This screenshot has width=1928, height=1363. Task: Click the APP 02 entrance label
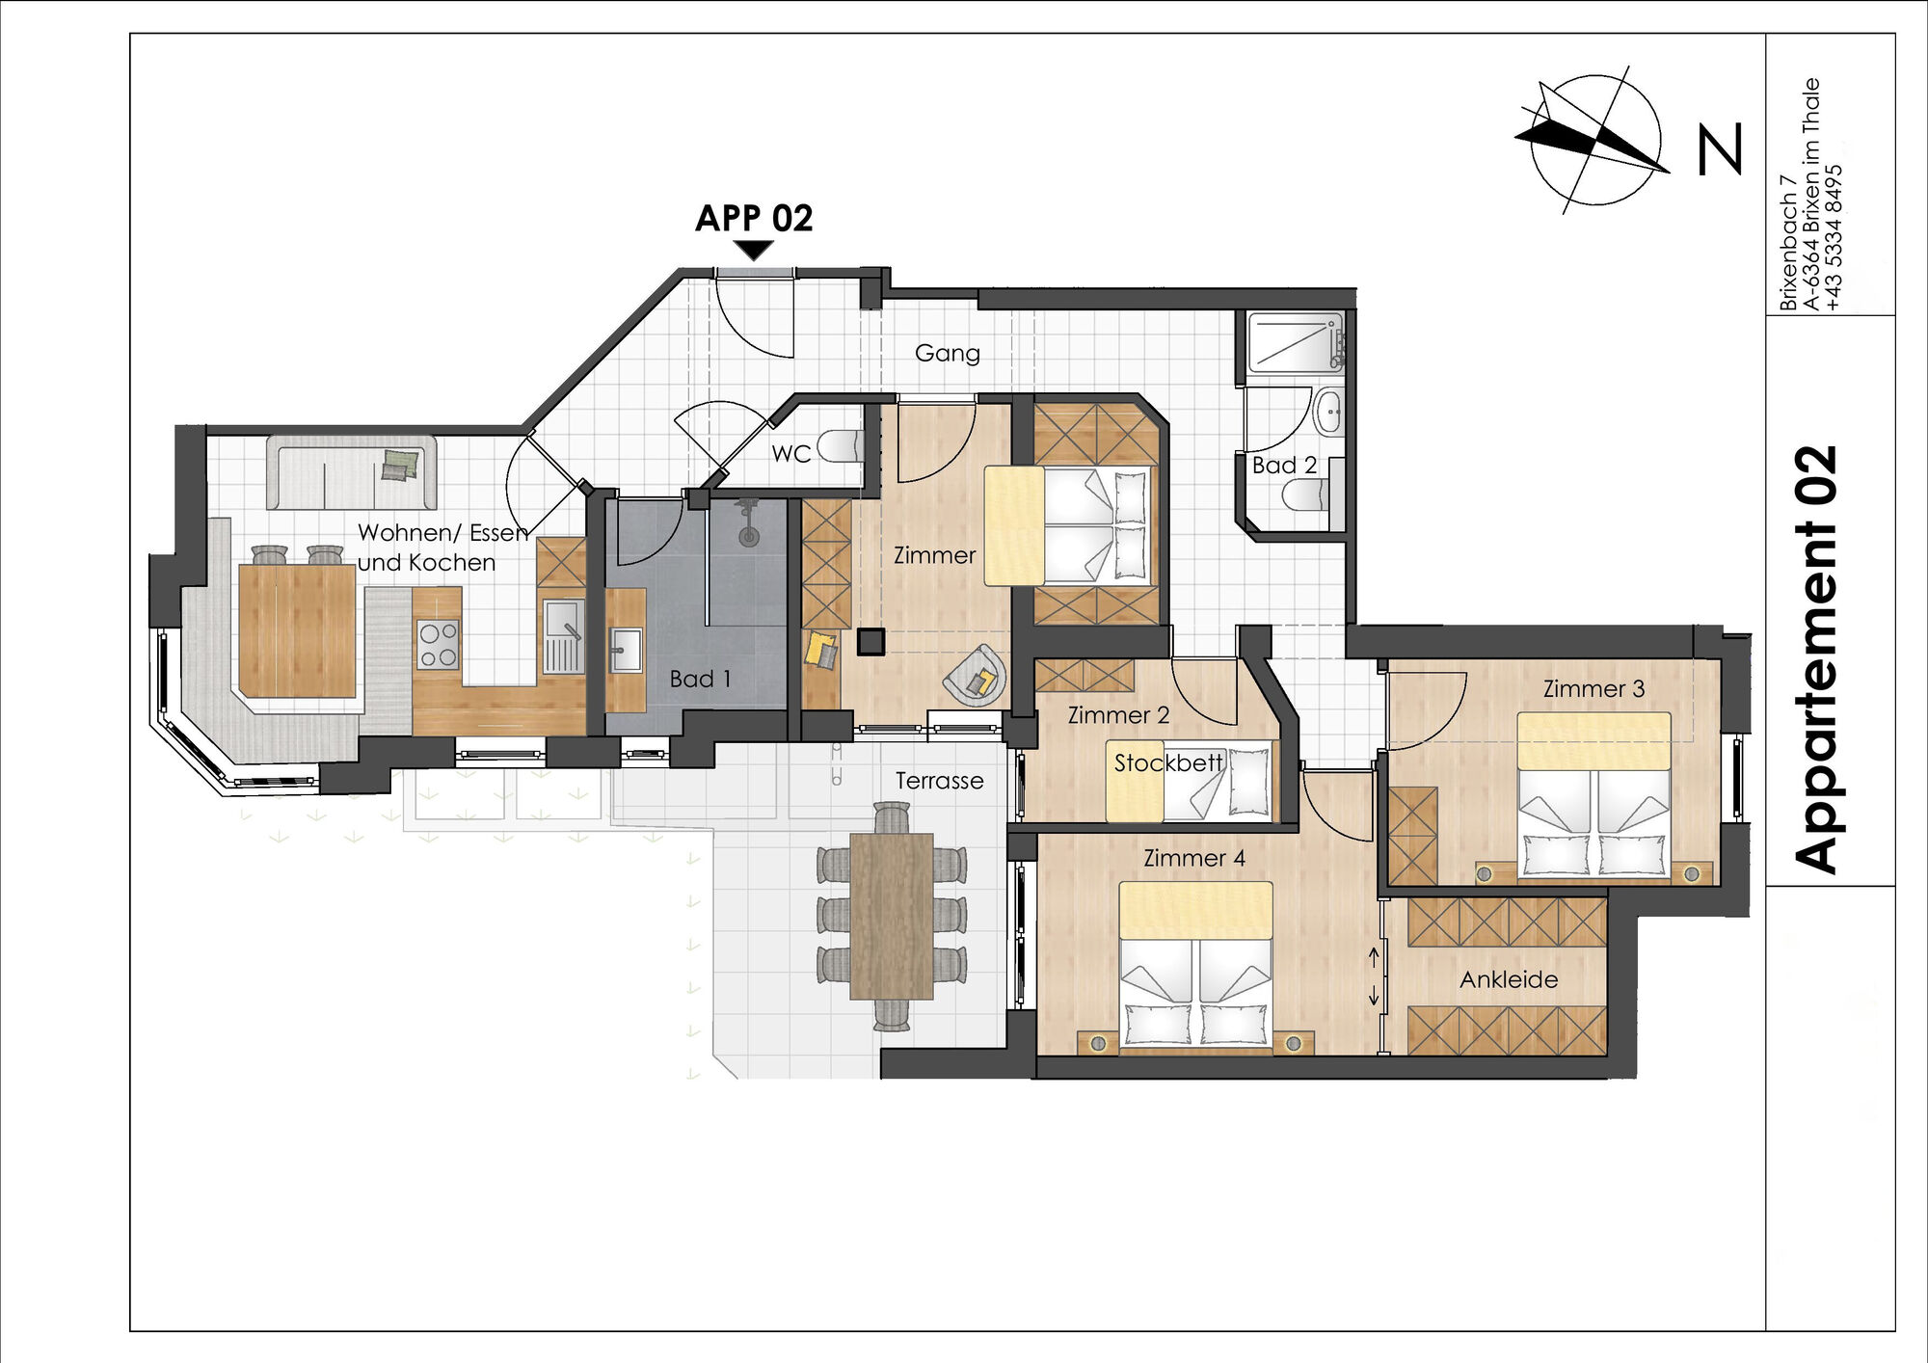click(754, 218)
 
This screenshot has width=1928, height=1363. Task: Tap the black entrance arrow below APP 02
click(754, 251)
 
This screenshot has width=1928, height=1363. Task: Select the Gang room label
click(948, 354)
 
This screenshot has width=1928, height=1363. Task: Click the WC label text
click(791, 453)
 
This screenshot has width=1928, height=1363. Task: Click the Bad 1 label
click(701, 679)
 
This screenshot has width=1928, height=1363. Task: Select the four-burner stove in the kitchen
click(438, 645)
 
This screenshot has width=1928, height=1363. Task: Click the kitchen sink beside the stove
click(563, 636)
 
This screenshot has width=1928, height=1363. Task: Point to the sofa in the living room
click(351, 472)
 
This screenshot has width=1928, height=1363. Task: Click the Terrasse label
click(939, 781)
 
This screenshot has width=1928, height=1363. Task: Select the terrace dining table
click(892, 916)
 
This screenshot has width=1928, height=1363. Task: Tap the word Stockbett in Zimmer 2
click(1168, 763)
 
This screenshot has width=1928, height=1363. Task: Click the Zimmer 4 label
click(1194, 858)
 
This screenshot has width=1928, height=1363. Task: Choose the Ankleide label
click(1509, 980)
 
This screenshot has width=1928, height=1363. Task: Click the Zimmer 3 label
click(1593, 689)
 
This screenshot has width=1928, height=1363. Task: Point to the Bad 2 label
click(1284, 466)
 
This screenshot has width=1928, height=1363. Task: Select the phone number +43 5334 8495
click(1834, 237)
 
